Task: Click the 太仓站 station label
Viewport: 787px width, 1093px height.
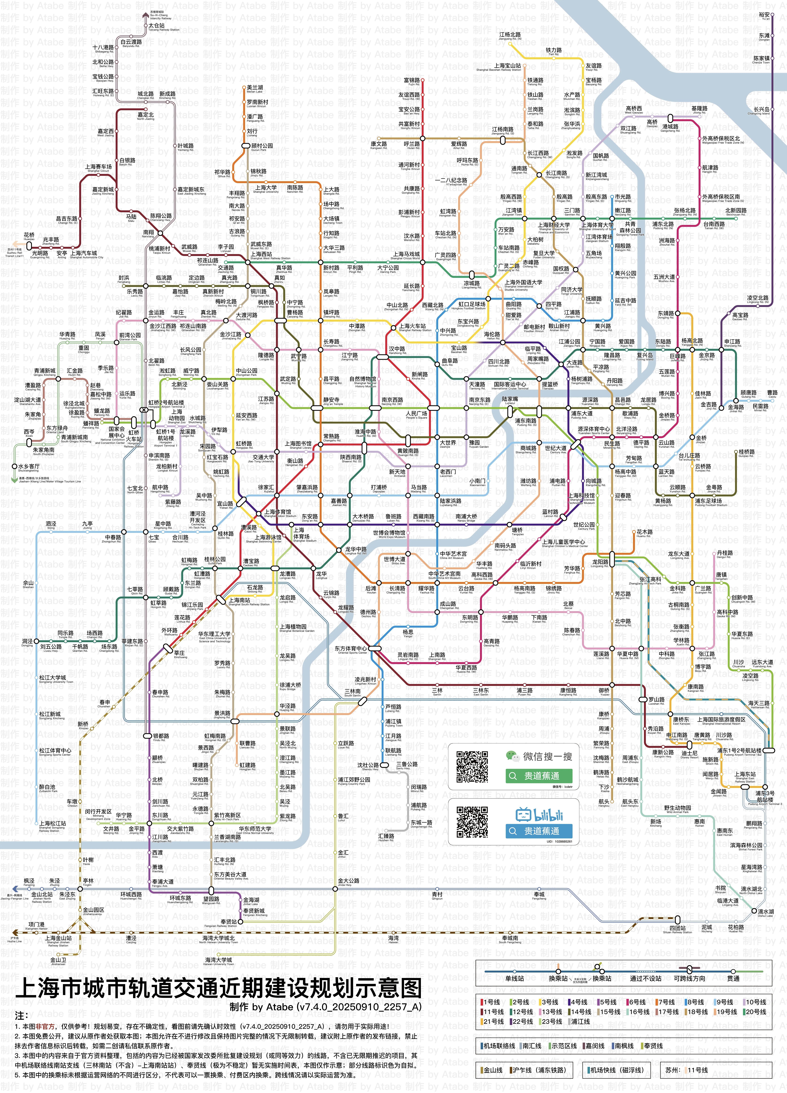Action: [x=157, y=26]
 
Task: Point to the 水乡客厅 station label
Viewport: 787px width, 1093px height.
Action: [x=29, y=466]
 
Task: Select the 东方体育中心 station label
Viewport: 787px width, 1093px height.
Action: [x=350, y=649]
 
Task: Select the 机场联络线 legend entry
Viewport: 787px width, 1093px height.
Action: [x=499, y=1046]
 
